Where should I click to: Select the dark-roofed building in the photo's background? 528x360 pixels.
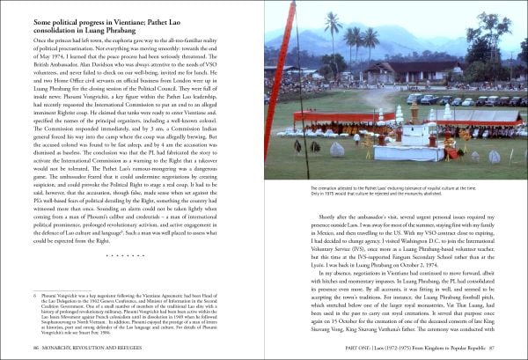[x=387, y=70]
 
